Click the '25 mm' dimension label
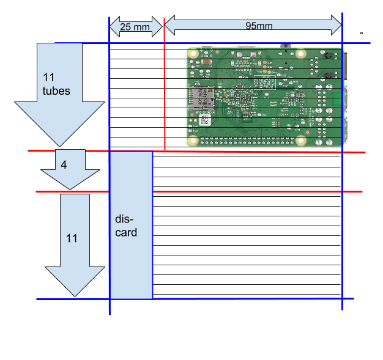tap(135, 27)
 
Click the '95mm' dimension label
tap(259, 26)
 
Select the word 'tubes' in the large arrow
tap(56, 91)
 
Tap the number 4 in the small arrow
tap(64, 165)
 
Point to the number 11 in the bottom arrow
tap(72, 238)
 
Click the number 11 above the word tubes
tap(48, 78)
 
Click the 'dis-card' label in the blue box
tap(126, 226)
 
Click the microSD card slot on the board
tap(201, 98)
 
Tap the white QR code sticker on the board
tap(205, 120)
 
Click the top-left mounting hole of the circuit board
tap(193, 54)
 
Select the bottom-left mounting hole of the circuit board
tap(193, 141)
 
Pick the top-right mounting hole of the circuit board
tap(301, 54)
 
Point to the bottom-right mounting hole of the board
tap(301, 141)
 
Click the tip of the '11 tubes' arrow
tap(59, 147)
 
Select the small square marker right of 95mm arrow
tap(362, 33)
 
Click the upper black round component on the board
tap(328, 56)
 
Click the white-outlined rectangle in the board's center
tap(265, 83)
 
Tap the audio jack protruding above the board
tap(286, 46)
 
